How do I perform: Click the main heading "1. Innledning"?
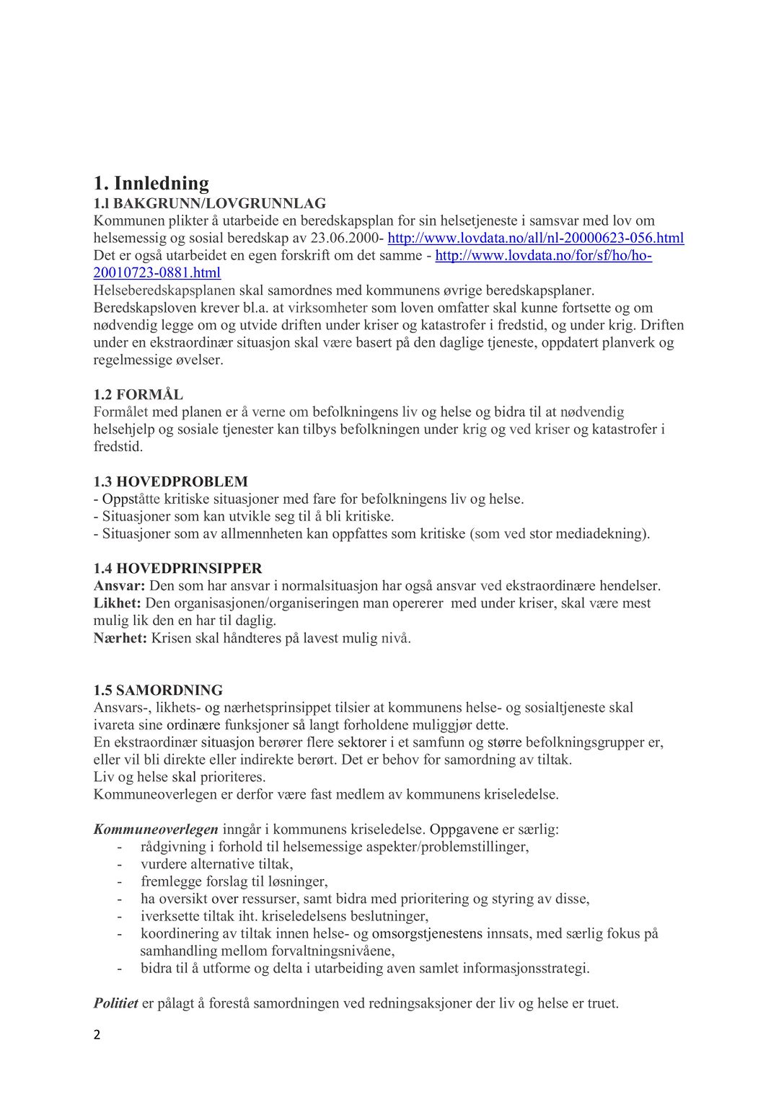click(151, 183)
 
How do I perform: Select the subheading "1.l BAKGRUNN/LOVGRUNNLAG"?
click(209, 204)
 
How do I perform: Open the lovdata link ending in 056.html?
click(535, 239)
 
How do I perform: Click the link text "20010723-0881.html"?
click(157, 273)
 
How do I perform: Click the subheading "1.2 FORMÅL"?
click(138, 395)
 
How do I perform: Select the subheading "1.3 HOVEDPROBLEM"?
click(170, 481)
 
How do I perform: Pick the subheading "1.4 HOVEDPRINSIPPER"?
click(177, 569)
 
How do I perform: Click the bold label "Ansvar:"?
click(119, 586)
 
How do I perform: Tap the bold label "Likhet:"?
click(118, 603)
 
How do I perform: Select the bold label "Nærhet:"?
click(120, 638)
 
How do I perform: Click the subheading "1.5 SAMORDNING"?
click(158, 690)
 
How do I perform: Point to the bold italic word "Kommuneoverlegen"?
click(155, 830)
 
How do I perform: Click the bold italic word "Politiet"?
click(115, 1003)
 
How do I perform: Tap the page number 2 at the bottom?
click(97, 1036)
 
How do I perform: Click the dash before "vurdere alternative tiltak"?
click(120, 864)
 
